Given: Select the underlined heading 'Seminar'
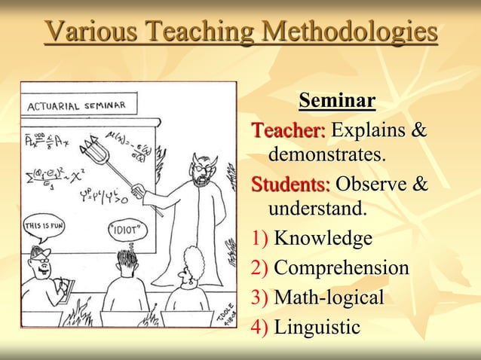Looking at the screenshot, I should coord(337,100).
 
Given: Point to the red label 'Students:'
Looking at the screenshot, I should coord(290,185).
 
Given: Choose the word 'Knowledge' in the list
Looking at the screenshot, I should coord(323,239).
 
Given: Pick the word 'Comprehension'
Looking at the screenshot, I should coord(342,268).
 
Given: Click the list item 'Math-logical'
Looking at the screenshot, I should coord(329,297).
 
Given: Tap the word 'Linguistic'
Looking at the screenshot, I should coord(317,327).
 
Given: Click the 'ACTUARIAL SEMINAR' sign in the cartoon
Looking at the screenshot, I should coord(76,104).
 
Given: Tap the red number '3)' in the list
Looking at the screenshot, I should coord(259,297).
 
